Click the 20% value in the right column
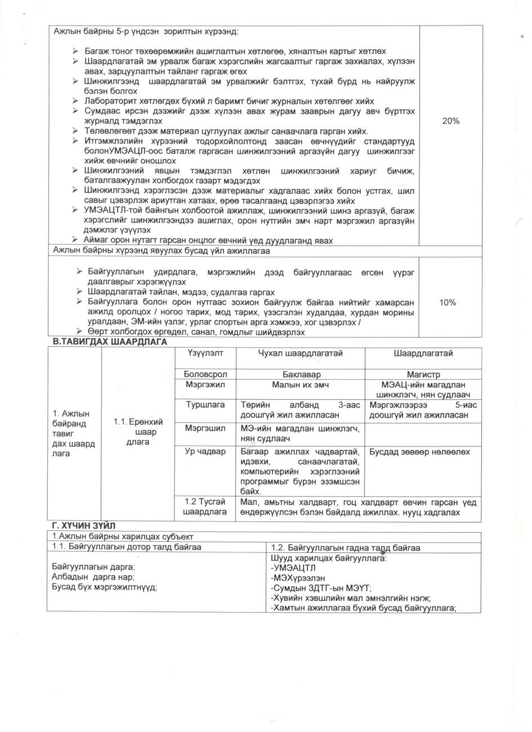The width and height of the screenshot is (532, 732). [451, 121]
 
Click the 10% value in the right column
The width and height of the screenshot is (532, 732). [448, 302]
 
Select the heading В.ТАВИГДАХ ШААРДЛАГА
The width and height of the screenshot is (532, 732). [110, 342]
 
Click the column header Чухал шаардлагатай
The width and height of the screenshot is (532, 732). [300, 354]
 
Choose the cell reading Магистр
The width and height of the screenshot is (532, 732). [423, 374]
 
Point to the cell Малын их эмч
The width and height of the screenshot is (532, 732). [301, 385]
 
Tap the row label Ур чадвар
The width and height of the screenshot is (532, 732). [205, 452]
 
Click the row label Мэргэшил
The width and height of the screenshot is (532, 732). [205, 429]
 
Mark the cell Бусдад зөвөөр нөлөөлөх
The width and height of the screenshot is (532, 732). [419, 452]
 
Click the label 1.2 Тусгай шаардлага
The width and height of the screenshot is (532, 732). [205, 506]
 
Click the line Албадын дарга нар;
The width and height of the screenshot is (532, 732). [93, 577]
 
